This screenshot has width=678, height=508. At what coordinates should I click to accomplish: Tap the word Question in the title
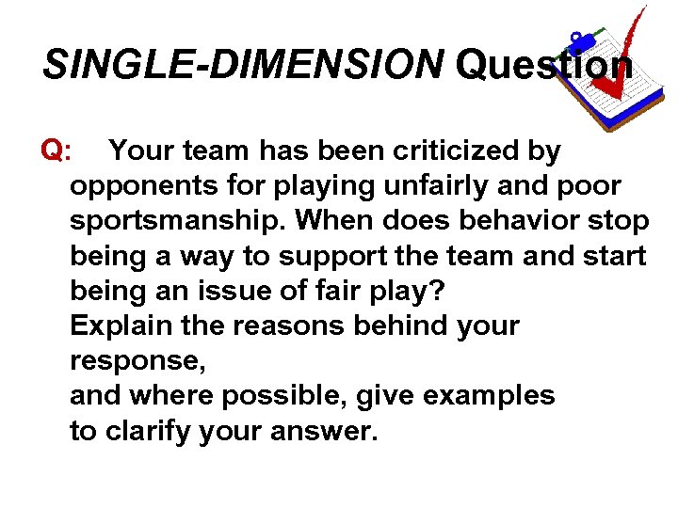(x=543, y=65)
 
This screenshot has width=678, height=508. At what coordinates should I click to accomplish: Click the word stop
(x=622, y=221)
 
